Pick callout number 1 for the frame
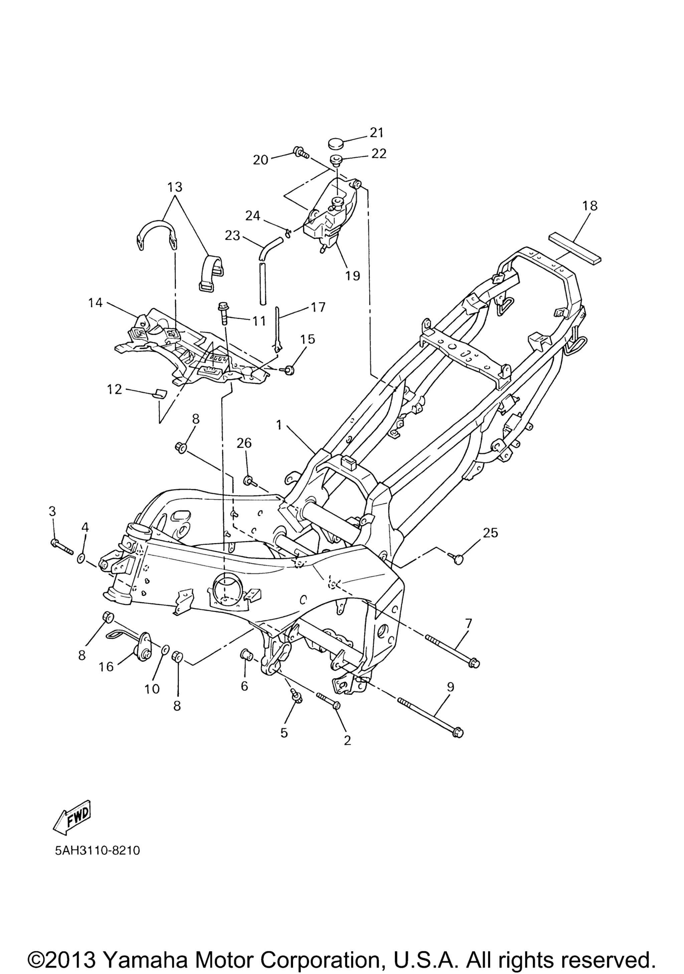(x=279, y=425)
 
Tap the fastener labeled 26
(x=248, y=480)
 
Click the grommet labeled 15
(x=288, y=370)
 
